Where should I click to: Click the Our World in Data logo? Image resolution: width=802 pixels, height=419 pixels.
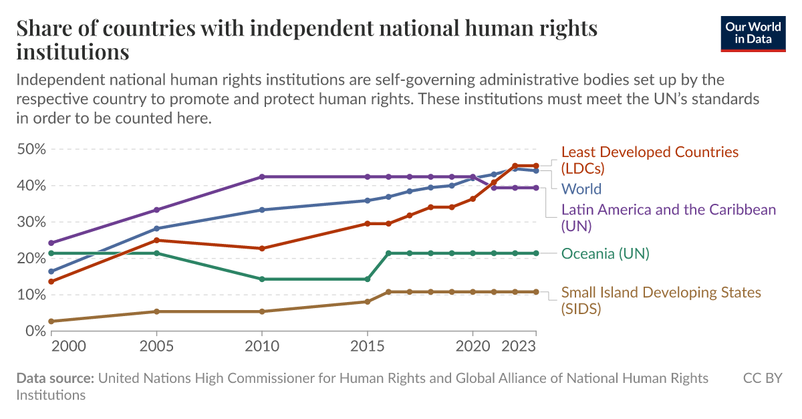(x=753, y=33)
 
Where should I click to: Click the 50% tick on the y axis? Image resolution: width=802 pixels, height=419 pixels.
(x=31, y=149)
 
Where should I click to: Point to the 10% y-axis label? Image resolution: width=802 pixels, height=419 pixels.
(x=31, y=295)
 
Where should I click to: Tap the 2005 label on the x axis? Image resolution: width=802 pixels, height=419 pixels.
(x=156, y=347)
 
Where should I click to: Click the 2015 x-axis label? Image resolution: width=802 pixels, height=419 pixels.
(x=367, y=347)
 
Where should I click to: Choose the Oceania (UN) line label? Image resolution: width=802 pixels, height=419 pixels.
(x=605, y=253)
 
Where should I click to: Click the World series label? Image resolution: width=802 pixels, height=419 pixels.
(x=581, y=189)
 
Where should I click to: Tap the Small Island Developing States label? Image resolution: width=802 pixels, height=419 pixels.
(x=660, y=300)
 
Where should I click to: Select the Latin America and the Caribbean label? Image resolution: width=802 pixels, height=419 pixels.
(x=668, y=218)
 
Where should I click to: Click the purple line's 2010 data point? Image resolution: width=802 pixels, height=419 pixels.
(x=261, y=177)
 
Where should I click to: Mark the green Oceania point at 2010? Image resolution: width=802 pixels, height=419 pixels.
(x=261, y=279)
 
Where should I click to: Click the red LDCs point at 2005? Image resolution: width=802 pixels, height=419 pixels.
(x=156, y=240)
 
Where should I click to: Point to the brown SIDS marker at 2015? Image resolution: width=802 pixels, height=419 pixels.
(x=367, y=301)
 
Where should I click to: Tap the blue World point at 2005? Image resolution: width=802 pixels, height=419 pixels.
(x=156, y=229)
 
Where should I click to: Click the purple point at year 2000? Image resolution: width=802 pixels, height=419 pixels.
(x=51, y=243)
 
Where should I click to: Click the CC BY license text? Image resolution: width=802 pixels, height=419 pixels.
(x=762, y=379)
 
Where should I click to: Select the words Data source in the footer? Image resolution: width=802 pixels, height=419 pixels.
(x=55, y=379)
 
